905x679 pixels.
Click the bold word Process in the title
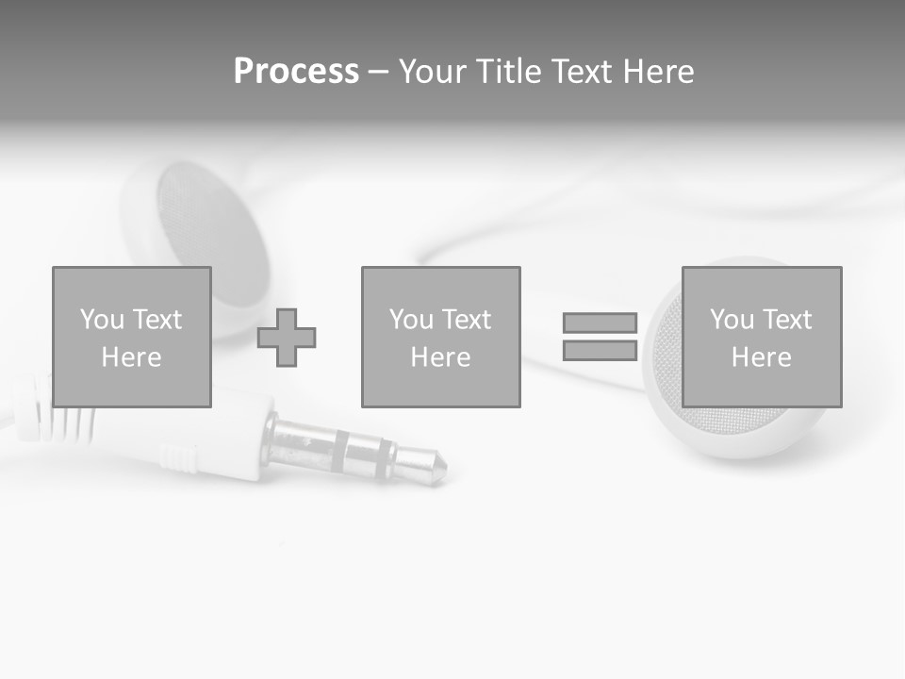(296, 72)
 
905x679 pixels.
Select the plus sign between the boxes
(287, 337)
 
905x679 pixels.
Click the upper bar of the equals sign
(600, 323)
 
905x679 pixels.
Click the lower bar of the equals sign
(600, 350)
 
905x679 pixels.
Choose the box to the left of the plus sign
(131, 337)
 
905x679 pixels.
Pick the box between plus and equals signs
(440, 337)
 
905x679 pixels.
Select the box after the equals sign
(761, 337)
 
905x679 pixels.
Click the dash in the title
(378, 72)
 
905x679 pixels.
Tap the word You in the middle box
(411, 320)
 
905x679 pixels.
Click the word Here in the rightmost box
(761, 357)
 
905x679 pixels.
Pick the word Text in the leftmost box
(157, 320)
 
